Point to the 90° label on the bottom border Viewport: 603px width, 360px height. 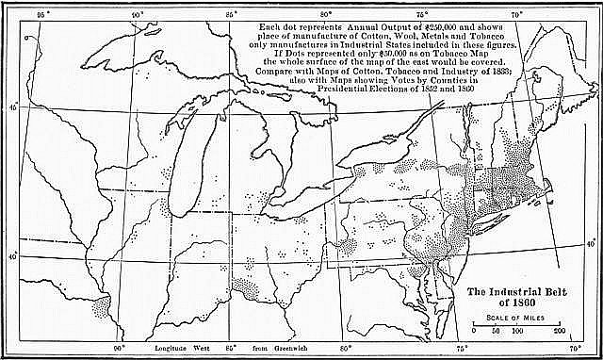[120, 349]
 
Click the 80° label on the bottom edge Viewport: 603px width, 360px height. [346, 349]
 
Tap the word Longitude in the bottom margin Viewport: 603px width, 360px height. [174, 349]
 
